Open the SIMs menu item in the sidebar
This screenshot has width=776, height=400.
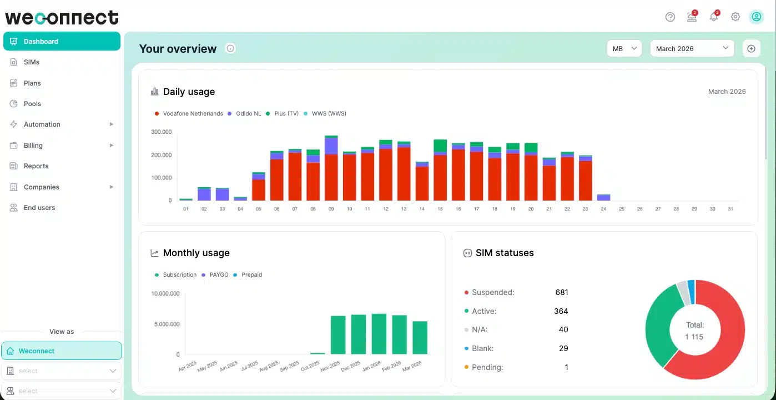point(31,62)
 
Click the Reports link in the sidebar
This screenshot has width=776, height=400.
point(36,166)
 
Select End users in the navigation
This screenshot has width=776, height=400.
point(39,208)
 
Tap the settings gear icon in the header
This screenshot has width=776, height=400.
point(735,17)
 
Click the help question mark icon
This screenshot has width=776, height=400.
point(670,17)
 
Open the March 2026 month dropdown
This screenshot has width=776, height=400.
point(692,48)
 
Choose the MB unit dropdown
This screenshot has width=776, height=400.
point(624,48)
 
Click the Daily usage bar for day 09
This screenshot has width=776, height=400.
point(331,168)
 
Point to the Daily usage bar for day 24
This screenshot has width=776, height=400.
point(603,198)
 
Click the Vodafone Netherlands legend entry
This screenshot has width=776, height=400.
point(189,113)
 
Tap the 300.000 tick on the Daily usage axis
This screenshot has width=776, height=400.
point(161,132)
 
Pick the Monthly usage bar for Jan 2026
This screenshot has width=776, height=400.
point(379,334)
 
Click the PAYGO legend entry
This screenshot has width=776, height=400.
point(215,274)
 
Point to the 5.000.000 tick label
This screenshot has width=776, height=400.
point(167,324)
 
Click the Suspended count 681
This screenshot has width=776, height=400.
point(562,292)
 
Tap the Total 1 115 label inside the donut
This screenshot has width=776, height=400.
point(694,331)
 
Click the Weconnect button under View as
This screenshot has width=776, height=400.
point(62,351)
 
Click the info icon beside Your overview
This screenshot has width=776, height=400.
point(230,48)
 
